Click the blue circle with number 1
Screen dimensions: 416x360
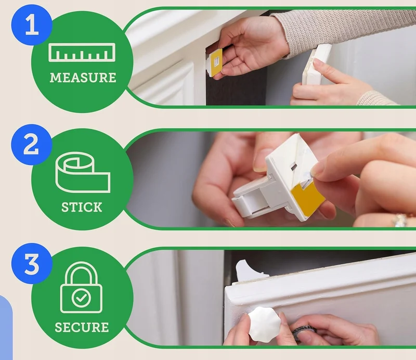click(x=32, y=24)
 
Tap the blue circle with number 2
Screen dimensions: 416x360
click(x=32, y=145)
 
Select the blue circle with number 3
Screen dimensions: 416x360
click(x=32, y=264)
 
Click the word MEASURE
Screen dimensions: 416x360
click(x=83, y=78)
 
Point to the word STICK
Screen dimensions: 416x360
click(x=82, y=207)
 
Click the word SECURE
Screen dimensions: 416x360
click(x=82, y=327)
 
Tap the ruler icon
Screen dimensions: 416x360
click(x=82, y=53)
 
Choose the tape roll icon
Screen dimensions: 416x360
click(x=83, y=172)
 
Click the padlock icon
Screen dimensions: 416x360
click(x=81, y=287)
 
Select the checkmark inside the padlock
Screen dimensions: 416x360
click(x=81, y=298)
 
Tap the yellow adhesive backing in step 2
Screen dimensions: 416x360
click(x=308, y=198)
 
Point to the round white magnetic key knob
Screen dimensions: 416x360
click(x=264, y=326)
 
